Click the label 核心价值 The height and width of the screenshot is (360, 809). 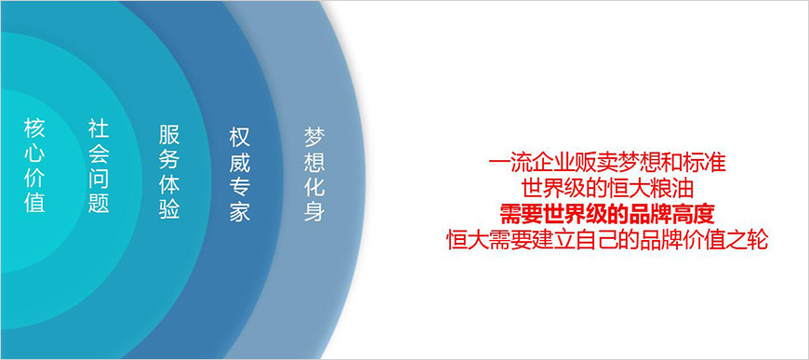click(34, 166)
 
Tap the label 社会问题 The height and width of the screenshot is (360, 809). click(99, 166)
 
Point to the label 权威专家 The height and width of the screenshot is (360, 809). click(240, 175)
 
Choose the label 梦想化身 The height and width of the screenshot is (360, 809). click(314, 175)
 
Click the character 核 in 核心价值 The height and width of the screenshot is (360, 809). click(34, 128)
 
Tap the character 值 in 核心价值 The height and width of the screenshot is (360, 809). click(34, 202)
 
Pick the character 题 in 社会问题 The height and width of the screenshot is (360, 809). click(99, 202)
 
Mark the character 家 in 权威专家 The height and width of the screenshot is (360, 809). click(240, 212)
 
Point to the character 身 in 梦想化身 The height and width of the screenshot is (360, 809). click(314, 212)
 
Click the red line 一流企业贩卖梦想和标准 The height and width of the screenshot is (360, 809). click(607, 163)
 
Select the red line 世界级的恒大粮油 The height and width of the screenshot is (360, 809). click(607, 189)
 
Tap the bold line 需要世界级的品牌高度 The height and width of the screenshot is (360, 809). click(607, 214)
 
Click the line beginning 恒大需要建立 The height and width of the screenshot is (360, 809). click(607, 240)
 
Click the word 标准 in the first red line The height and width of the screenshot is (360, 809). click(705, 163)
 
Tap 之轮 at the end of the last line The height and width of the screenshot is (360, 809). click(747, 240)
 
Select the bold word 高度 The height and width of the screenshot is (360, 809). click(694, 214)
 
